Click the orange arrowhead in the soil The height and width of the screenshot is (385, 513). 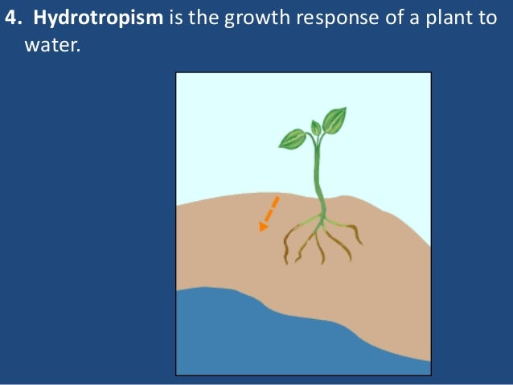point(264,227)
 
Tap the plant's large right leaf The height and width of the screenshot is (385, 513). point(334,121)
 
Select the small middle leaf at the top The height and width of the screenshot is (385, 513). point(316,127)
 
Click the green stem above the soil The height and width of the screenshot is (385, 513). point(317,177)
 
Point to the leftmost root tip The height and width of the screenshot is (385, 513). point(286,259)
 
